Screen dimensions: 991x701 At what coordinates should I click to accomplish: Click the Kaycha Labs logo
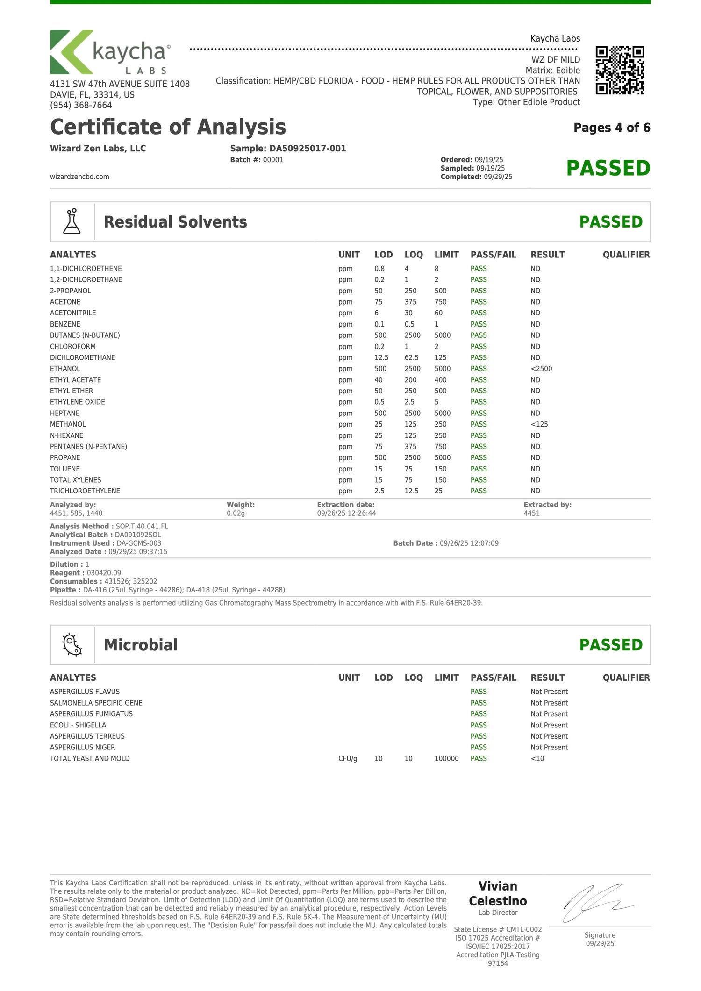(x=110, y=52)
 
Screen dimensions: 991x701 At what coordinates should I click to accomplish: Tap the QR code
(x=620, y=70)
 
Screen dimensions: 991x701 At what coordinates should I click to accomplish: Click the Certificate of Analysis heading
(x=168, y=127)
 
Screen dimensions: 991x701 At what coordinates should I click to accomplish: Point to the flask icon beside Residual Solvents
(x=72, y=222)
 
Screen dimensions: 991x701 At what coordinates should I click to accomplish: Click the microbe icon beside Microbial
(x=72, y=645)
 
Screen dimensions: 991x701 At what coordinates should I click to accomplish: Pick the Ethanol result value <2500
(x=541, y=369)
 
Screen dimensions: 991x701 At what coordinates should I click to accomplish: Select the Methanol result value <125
(x=539, y=424)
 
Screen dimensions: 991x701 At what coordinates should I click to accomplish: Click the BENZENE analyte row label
(x=65, y=324)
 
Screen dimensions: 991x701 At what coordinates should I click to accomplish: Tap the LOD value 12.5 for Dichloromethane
(x=381, y=357)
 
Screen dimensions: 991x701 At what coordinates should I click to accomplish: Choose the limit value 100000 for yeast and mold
(x=446, y=758)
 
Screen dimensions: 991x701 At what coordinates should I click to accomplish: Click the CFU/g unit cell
(x=348, y=758)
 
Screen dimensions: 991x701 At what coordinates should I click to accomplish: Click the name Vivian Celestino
(x=498, y=893)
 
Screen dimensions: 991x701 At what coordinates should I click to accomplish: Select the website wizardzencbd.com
(x=79, y=177)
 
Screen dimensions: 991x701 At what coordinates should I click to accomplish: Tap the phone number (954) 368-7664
(x=81, y=105)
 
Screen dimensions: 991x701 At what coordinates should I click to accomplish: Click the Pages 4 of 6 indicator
(x=612, y=128)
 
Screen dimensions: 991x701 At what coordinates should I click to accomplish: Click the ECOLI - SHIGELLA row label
(x=78, y=725)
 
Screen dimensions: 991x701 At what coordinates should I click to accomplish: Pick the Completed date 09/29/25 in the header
(x=498, y=177)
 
